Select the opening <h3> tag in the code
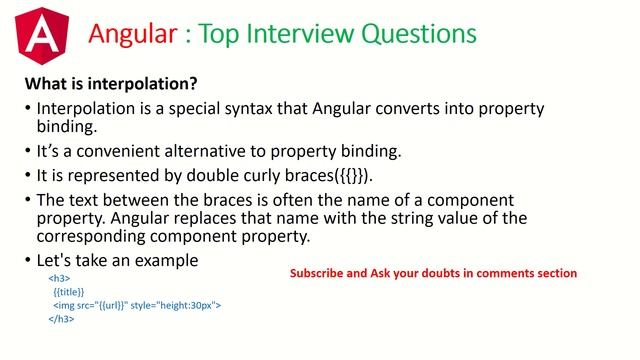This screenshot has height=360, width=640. [58, 277]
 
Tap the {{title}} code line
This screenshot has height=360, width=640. [69, 291]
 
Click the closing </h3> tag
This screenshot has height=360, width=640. [61, 320]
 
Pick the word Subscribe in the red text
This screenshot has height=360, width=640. [316, 273]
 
